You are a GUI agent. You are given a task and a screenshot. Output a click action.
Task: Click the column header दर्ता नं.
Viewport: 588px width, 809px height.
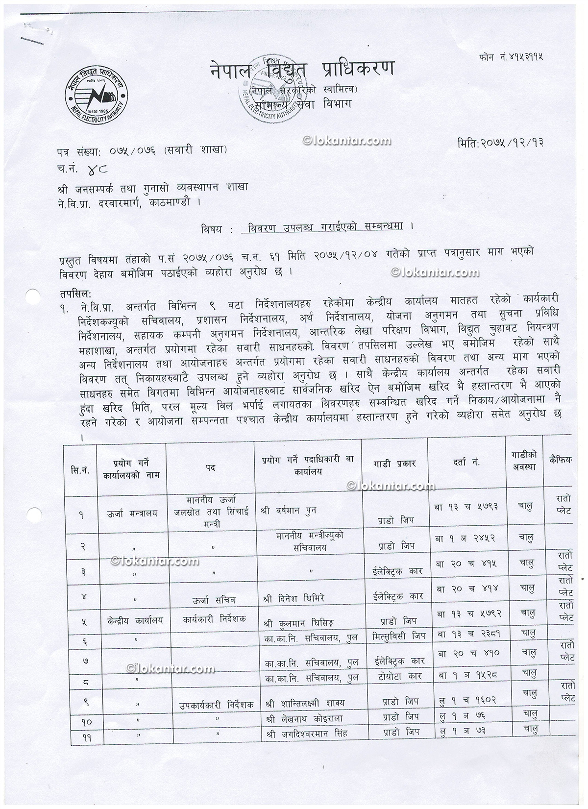coord(466,462)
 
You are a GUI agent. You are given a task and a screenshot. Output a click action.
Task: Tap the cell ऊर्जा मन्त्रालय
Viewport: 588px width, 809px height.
coord(132,514)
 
